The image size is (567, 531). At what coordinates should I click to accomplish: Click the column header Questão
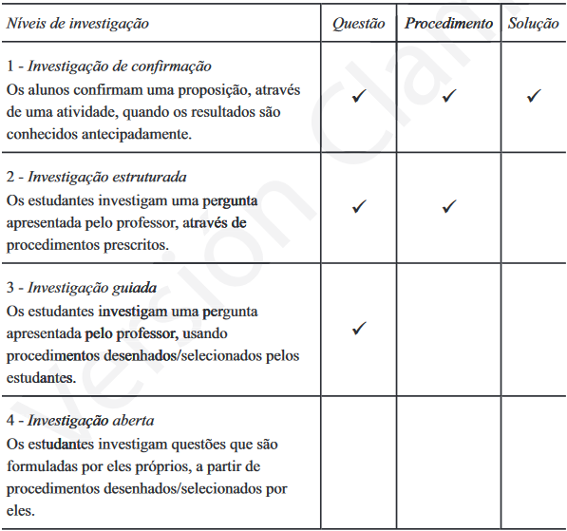tap(358, 24)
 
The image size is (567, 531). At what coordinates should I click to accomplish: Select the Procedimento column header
tap(449, 24)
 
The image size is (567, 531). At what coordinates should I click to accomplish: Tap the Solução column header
tap(533, 24)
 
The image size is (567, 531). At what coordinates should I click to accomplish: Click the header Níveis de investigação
tap(77, 24)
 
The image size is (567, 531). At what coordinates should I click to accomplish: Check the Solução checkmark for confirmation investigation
tap(533, 96)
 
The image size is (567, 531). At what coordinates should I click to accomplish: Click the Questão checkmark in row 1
tap(358, 96)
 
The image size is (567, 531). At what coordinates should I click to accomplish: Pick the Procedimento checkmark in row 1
tap(449, 96)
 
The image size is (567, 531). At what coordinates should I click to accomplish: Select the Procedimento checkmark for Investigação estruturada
tap(449, 206)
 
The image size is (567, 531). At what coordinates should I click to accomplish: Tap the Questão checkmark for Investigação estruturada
tap(358, 206)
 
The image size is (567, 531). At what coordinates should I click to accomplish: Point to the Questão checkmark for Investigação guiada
tap(358, 329)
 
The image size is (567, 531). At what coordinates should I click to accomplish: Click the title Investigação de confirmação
tap(119, 67)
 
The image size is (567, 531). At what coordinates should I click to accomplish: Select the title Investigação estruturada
tap(107, 178)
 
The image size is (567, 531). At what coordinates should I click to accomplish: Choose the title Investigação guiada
tap(92, 288)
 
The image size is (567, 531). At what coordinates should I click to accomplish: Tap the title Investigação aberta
tap(91, 420)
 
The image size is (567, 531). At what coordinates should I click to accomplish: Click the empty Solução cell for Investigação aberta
tap(533, 463)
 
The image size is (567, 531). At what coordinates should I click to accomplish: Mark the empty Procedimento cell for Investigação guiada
tap(449, 330)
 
